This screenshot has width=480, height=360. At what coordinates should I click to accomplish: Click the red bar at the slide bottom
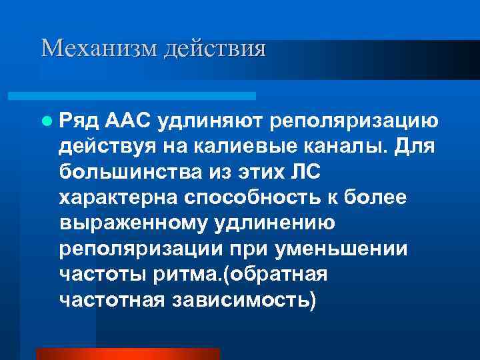click(127, 354)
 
